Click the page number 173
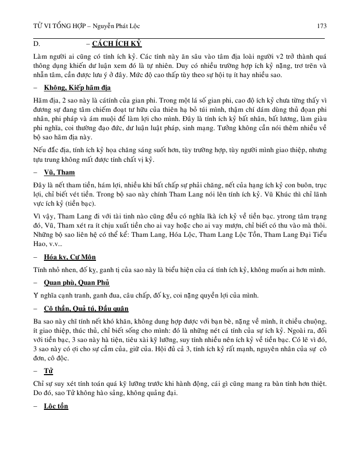tap(322, 26)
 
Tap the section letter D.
tap(36, 44)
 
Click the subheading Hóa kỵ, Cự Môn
tap(70, 256)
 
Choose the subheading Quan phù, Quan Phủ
tap(77, 282)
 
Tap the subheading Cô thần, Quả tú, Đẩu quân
tap(86, 308)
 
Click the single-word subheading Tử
tap(49, 370)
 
